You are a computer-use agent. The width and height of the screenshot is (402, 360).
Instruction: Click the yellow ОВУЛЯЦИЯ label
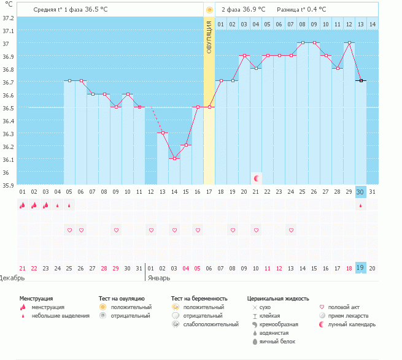click(209, 37)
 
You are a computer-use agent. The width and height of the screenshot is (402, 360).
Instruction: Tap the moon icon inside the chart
click(257, 178)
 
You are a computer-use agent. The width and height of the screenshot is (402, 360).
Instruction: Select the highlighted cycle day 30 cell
click(360, 191)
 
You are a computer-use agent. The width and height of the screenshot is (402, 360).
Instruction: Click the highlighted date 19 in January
click(360, 268)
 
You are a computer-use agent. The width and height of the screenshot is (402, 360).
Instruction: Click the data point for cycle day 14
click(174, 158)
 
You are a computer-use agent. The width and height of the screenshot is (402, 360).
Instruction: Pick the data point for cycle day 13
click(163, 132)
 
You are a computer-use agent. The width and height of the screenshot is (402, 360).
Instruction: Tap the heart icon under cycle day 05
click(69, 230)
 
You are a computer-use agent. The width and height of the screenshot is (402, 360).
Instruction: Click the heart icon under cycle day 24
click(291, 230)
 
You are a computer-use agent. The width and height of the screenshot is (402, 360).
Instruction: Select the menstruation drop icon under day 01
click(23, 205)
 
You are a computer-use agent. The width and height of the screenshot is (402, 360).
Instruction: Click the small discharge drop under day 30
click(360, 205)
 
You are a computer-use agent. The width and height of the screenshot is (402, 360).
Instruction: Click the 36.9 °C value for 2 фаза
click(253, 10)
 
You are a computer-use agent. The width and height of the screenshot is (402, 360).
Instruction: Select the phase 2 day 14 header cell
click(372, 24)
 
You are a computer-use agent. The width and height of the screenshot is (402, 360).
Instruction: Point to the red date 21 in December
click(23, 268)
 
